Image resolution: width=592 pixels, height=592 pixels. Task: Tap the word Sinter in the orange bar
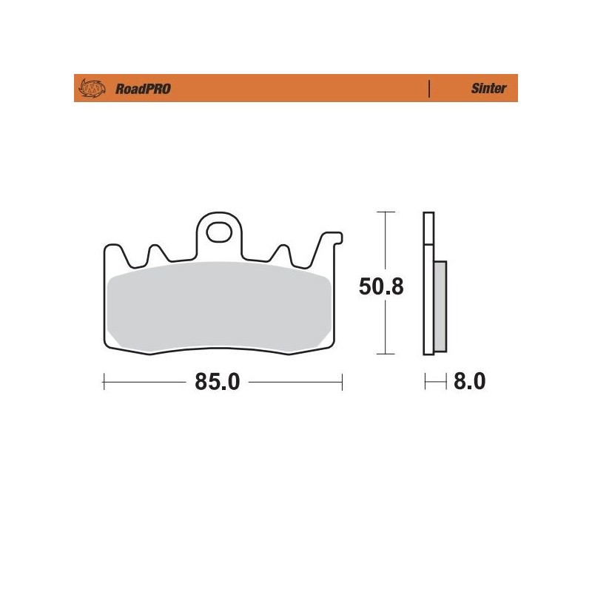[488, 89]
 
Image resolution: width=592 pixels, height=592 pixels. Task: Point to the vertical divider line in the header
[429, 89]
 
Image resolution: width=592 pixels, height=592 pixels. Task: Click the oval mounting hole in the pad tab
[219, 232]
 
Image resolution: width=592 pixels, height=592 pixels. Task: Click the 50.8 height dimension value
[381, 286]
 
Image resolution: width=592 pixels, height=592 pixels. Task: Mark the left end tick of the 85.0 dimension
[104, 382]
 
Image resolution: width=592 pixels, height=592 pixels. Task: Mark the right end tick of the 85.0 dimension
[342, 382]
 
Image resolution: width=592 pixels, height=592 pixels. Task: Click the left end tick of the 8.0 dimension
[424, 382]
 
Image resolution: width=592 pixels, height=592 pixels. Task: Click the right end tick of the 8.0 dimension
[446, 382]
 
